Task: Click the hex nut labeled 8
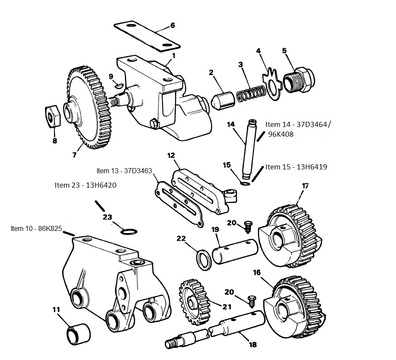[53, 116]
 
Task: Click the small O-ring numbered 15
[245, 183]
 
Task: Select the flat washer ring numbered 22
[204, 259]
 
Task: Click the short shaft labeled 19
[235, 251]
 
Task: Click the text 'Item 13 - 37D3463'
[124, 171]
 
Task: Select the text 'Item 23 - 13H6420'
[85, 185]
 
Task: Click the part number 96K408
[281, 134]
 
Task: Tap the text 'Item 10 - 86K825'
[36, 228]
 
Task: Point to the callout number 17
[305, 186]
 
